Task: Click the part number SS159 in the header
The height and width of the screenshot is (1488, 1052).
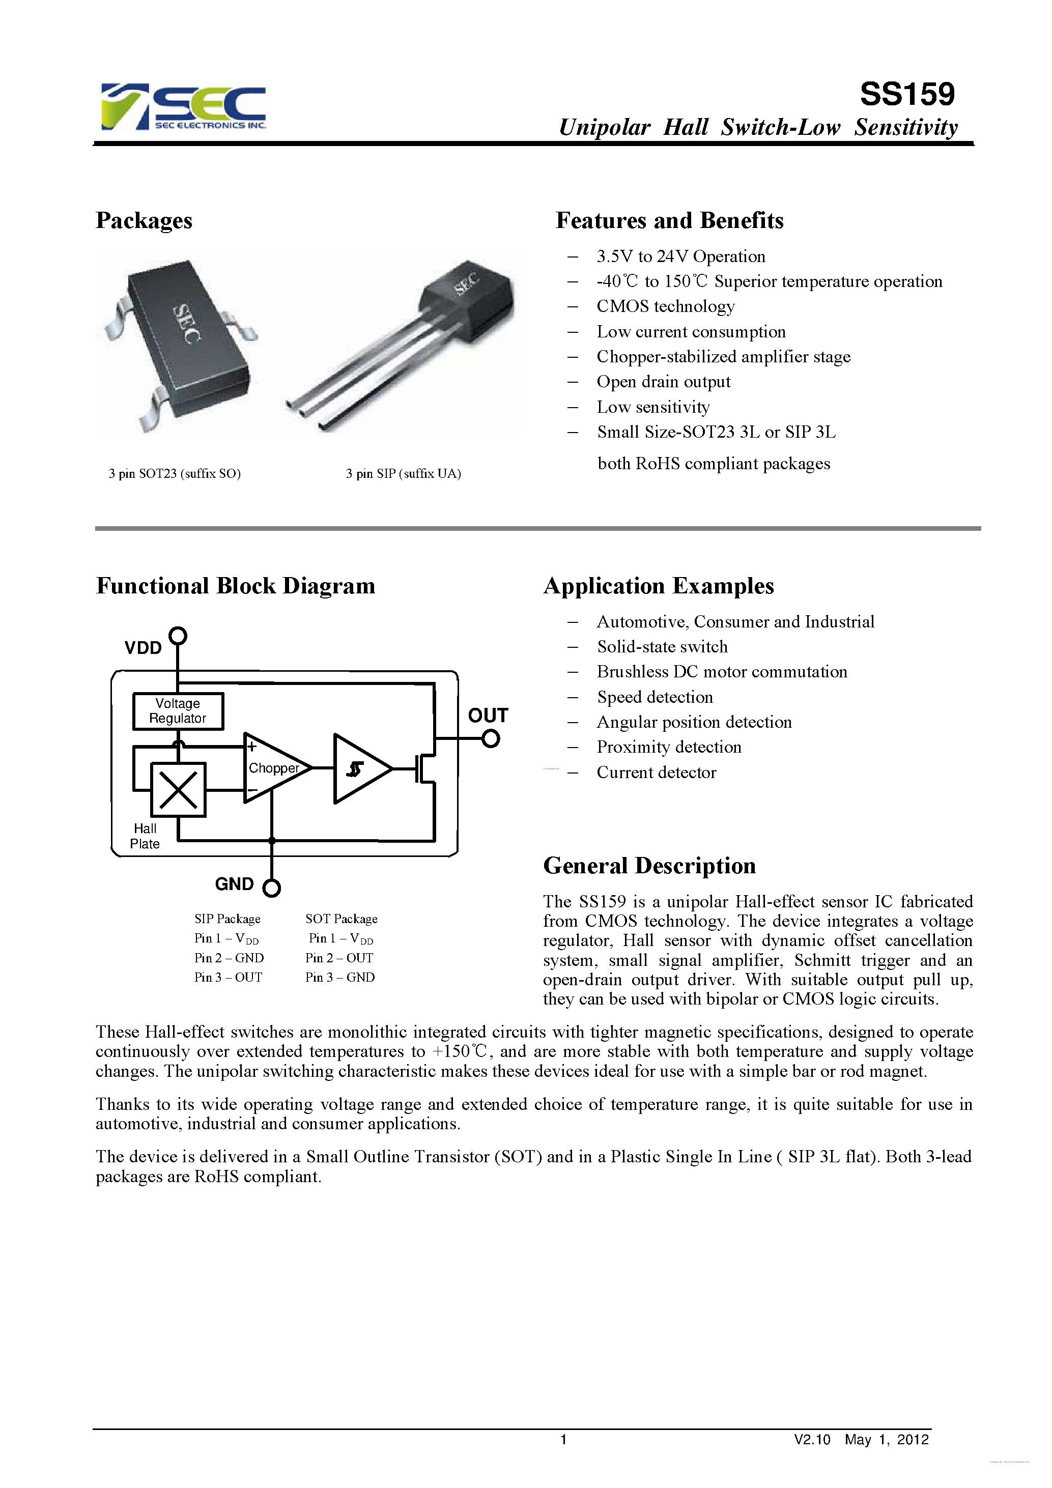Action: pos(907,95)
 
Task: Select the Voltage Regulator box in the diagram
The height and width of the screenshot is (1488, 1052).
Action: pos(178,711)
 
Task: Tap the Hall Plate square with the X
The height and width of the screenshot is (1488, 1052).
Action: pos(178,789)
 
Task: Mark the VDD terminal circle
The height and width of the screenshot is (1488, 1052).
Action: pos(178,636)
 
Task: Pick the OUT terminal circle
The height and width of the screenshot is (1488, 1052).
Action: pos(491,738)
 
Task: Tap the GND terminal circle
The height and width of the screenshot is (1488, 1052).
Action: pos(272,888)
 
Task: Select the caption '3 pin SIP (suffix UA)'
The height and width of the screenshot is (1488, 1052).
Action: pos(403,474)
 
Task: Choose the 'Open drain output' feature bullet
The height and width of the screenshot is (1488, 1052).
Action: pos(663,382)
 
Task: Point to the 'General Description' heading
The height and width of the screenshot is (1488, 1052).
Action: pos(649,866)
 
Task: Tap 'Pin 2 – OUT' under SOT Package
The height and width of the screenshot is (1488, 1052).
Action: pos(339,958)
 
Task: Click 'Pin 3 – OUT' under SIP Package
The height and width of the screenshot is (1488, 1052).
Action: pos(228,977)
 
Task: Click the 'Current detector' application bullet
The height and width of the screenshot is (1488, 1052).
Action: pos(656,772)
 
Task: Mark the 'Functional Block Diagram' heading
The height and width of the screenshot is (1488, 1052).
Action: pos(235,586)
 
